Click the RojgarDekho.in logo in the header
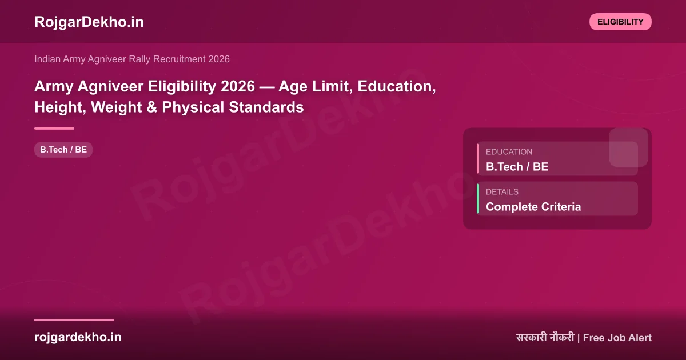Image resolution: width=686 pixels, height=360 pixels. tap(89, 22)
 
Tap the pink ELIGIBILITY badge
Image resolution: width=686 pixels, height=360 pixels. tap(620, 22)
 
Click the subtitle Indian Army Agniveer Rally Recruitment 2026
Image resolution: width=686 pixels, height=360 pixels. tap(132, 59)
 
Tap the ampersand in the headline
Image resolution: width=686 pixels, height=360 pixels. tap(151, 107)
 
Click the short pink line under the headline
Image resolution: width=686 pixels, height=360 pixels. tap(54, 129)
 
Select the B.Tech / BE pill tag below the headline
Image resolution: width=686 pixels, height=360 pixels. tap(63, 150)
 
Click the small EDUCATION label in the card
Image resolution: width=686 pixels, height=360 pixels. tap(509, 152)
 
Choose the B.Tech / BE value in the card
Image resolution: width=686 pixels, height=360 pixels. tap(517, 167)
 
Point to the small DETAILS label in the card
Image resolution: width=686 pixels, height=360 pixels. tap(502, 192)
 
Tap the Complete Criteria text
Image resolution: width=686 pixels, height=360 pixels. tap(533, 207)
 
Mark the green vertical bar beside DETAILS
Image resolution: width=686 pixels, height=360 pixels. tap(478, 199)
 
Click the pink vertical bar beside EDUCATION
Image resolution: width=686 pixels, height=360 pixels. tap(478, 159)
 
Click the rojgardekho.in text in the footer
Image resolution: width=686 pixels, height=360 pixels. tap(78, 337)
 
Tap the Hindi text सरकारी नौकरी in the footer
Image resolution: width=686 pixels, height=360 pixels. tap(545, 338)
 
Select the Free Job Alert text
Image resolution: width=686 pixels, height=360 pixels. tap(617, 338)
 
